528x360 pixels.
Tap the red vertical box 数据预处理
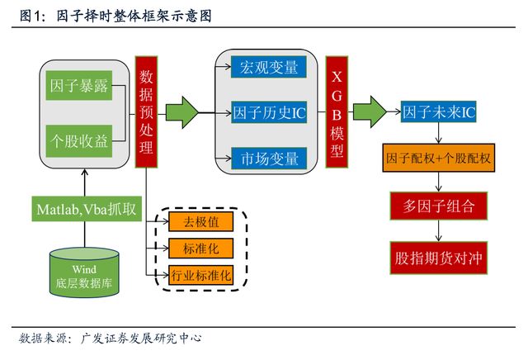coord(146,112)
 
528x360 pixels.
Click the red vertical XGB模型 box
coord(337,112)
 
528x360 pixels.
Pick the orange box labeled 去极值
coord(201,221)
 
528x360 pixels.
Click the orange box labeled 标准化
coord(201,248)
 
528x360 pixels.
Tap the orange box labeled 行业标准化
coord(201,274)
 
